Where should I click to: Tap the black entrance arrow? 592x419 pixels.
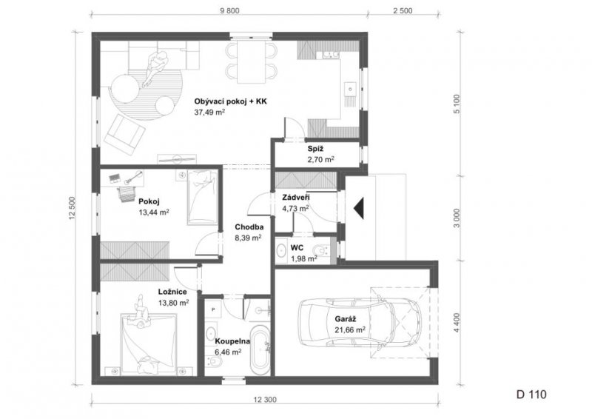(x=360, y=209)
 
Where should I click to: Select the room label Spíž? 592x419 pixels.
(x=315, y=149)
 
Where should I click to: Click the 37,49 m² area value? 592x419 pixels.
(x=210, y=112)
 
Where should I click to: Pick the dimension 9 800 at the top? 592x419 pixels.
(x=229, y=10)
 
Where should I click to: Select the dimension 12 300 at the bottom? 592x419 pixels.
(x=265, y=399)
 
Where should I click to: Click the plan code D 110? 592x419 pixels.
(x=531, y=395)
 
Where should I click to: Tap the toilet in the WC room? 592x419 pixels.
(x=321, y=250)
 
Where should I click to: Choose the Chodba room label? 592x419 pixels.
(x=249, y=227)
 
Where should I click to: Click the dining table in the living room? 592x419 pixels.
(x=252, y=61)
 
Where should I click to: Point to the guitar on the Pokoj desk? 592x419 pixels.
(x=133, y=177)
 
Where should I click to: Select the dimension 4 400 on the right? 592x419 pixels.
(x=457, y=323)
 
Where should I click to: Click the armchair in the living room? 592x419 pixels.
(x=125, y=135)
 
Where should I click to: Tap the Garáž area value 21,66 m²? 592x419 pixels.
(x=350, y=330)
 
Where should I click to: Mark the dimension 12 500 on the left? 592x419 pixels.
(x=73, y=208)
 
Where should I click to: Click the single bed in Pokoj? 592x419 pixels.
(x=203, y=197)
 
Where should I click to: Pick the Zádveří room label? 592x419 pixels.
(x=297, y=198)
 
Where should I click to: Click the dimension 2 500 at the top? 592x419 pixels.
(x=403, y=10)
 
